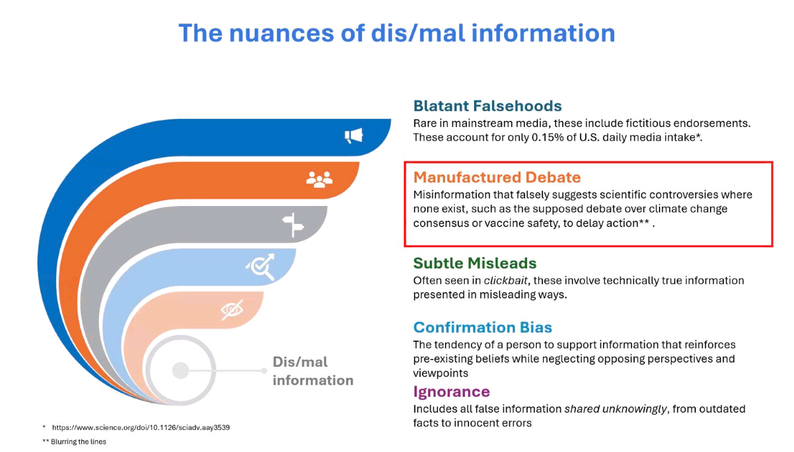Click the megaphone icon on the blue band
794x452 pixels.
354,135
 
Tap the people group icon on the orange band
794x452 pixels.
319,180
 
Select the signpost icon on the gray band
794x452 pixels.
293,225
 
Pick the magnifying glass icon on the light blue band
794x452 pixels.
261,267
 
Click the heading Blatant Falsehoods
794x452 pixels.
487,106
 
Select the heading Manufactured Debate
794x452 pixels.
497,177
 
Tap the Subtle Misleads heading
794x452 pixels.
475,263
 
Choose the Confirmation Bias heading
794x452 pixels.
483,327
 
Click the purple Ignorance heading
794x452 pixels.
452,391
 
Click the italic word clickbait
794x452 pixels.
506,281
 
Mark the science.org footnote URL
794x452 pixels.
141,427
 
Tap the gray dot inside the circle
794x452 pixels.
181,370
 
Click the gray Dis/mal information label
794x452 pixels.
313,371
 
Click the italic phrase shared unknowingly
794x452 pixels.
616,409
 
